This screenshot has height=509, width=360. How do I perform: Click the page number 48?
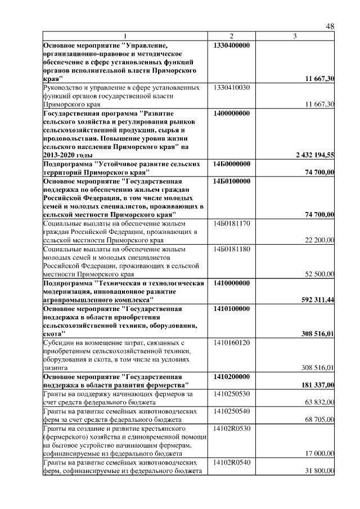(330, 27)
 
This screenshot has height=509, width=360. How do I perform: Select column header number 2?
(231, 37)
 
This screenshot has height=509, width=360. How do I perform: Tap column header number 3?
(295, 37)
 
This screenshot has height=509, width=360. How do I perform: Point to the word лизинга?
(56, 367)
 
